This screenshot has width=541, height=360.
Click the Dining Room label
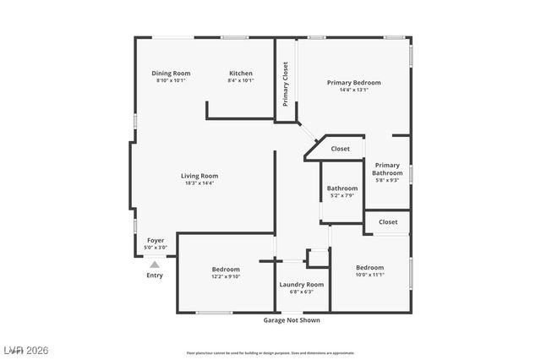[x=171, y=74]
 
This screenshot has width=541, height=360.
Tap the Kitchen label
[x=241, y=74]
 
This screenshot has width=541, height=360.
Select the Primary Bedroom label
[x=354, y=83]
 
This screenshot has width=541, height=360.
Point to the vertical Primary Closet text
[x=286, y=84]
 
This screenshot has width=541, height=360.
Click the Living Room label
[x=199, y=176]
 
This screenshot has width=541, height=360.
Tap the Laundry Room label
[x=302, y=285]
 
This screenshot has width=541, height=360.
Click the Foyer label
[x=156, y=241]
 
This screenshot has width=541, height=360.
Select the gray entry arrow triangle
[x=155, y=265]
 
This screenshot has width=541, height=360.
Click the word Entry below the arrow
[x=155, y=275]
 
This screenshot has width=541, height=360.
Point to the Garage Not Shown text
[x=292, y=320]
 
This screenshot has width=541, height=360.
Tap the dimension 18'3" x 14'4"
[x=199, y=183]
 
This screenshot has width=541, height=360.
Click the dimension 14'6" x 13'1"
[x=354, y=90]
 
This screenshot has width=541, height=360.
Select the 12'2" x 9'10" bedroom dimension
[x=226, y=276]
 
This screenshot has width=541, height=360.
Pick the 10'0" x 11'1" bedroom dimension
[x=369, y=275]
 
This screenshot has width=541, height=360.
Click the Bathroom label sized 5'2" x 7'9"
[x=342, y=188]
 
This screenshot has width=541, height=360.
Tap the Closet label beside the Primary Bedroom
[x=340, y=149]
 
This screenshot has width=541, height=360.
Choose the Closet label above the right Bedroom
[x=388, y=222]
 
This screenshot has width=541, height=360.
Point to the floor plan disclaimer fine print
[x=270, y=352]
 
